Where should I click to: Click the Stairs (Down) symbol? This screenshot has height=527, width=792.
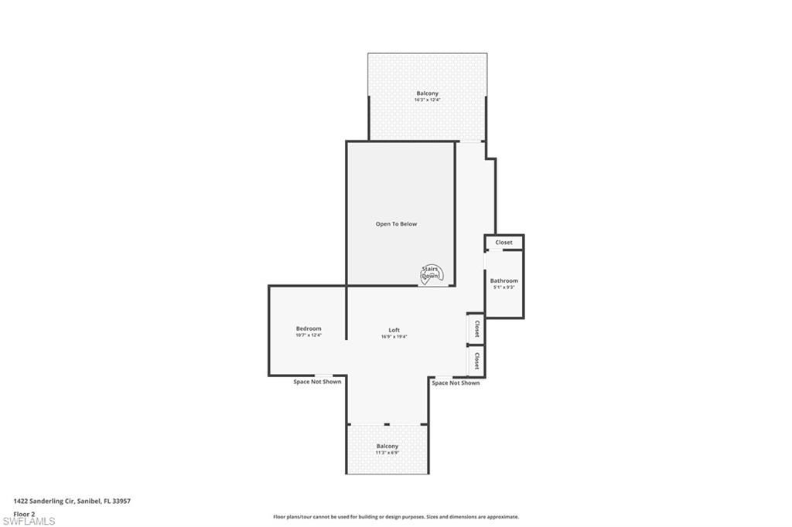click(430, 274)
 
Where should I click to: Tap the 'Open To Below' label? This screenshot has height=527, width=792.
click(396, 224)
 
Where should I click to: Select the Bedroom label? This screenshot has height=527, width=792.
click(309, 328)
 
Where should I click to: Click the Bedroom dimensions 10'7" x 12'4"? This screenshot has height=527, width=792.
click(309, 335)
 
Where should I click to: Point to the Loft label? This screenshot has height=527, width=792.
click(394, 330)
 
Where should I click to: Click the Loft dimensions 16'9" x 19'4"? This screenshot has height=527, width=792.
click(394, 337)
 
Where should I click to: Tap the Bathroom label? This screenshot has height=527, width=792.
click(504, 280)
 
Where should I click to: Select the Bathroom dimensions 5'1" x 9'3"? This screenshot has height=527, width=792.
click(504, 287)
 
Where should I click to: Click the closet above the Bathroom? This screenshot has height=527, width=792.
click(504, 243)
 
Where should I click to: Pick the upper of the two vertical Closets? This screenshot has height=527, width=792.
click(476, 328)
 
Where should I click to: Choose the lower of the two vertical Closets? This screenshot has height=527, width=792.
click(476, 361)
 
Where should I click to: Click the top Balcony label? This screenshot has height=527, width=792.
click(427, 93)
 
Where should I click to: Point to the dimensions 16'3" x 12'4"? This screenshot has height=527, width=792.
click(427, 100)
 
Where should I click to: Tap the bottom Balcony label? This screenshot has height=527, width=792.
click(387, 446)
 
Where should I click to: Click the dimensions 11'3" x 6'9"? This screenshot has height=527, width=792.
click(387, 453)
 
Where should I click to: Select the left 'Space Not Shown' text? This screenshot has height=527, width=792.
click(317, 382)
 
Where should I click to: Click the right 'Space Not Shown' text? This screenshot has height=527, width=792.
click(456, 382)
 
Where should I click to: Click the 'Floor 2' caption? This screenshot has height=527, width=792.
click(25, 513)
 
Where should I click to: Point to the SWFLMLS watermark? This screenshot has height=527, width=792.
click(29, 521)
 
